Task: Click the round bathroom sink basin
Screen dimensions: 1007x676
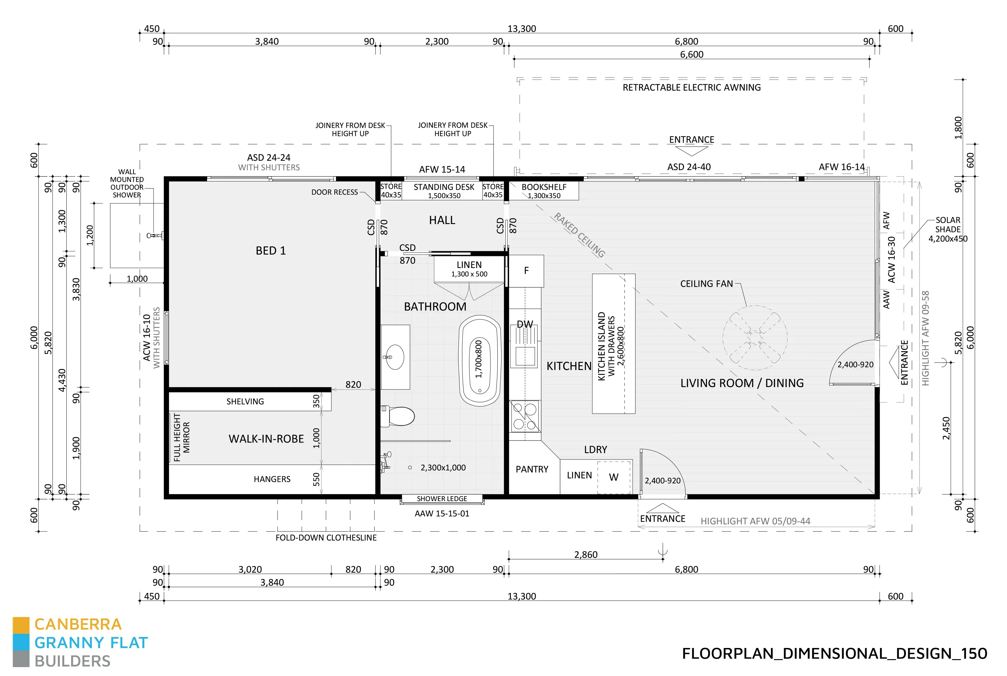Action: pyautogui.click(x=394, y=357)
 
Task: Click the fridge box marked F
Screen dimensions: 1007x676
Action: pyautogui.click(x=526, y=271)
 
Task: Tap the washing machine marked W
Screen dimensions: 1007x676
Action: pyautogui.click(x=614, y=477)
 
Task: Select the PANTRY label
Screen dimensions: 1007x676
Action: pyautogui.click(x=532, y=469)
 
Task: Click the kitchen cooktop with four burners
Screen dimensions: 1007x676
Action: pyautogui.click(x=524, y=416)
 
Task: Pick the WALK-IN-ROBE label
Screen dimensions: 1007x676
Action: pyautogui.click(x=266, y=439)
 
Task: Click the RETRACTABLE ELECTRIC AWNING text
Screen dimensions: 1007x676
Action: pyautogui.click(x=691, y=87)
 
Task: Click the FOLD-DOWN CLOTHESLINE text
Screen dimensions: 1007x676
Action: pyautogui.click(x=326, y=538)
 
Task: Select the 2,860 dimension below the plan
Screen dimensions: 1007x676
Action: pyautogui.click(x=586, y=554)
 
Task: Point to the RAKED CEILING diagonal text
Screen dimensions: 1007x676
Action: pyautogui.click(x=579, y=235)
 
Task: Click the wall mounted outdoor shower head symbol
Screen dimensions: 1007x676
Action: pyautogui.click(x=155, y=235)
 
